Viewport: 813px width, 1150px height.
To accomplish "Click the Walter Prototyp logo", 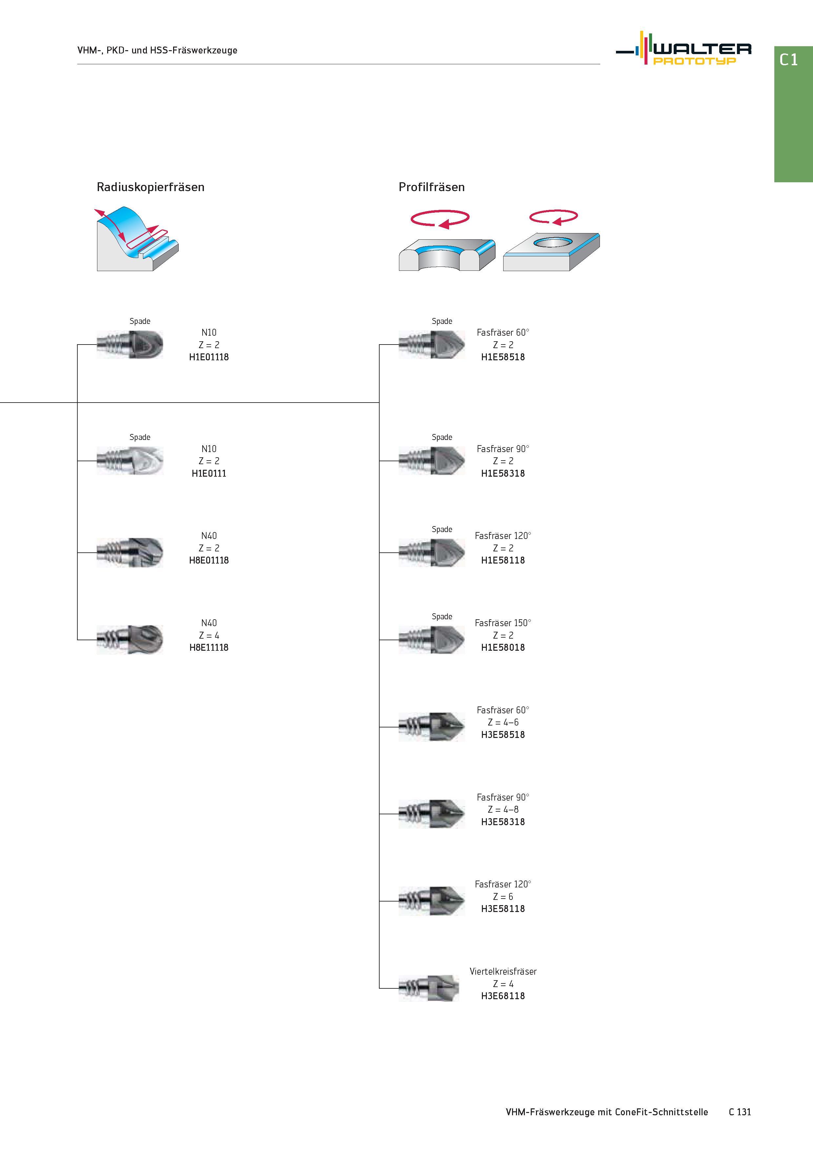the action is coord(683,48).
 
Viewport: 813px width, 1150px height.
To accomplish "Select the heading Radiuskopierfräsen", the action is coord(150,187).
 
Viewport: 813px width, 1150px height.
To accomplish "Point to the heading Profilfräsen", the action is coord(431,187).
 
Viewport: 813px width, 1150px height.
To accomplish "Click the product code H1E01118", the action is coord(209,357).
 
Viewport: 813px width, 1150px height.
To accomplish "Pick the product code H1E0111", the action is coord(209,473).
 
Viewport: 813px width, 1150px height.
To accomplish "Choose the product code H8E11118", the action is coord(209,648).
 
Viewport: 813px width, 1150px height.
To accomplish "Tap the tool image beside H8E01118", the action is coord(130,552).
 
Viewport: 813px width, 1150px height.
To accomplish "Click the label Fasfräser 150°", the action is coord(503,623).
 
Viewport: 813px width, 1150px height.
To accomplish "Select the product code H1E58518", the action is coord(503,357).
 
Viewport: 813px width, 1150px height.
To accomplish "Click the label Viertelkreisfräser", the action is coord(503,971).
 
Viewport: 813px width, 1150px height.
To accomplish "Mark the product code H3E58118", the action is coord(503,909).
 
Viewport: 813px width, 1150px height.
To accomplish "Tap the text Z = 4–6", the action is coord(503,722).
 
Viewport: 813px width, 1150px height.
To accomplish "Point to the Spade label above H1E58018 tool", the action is coord(442,617).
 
